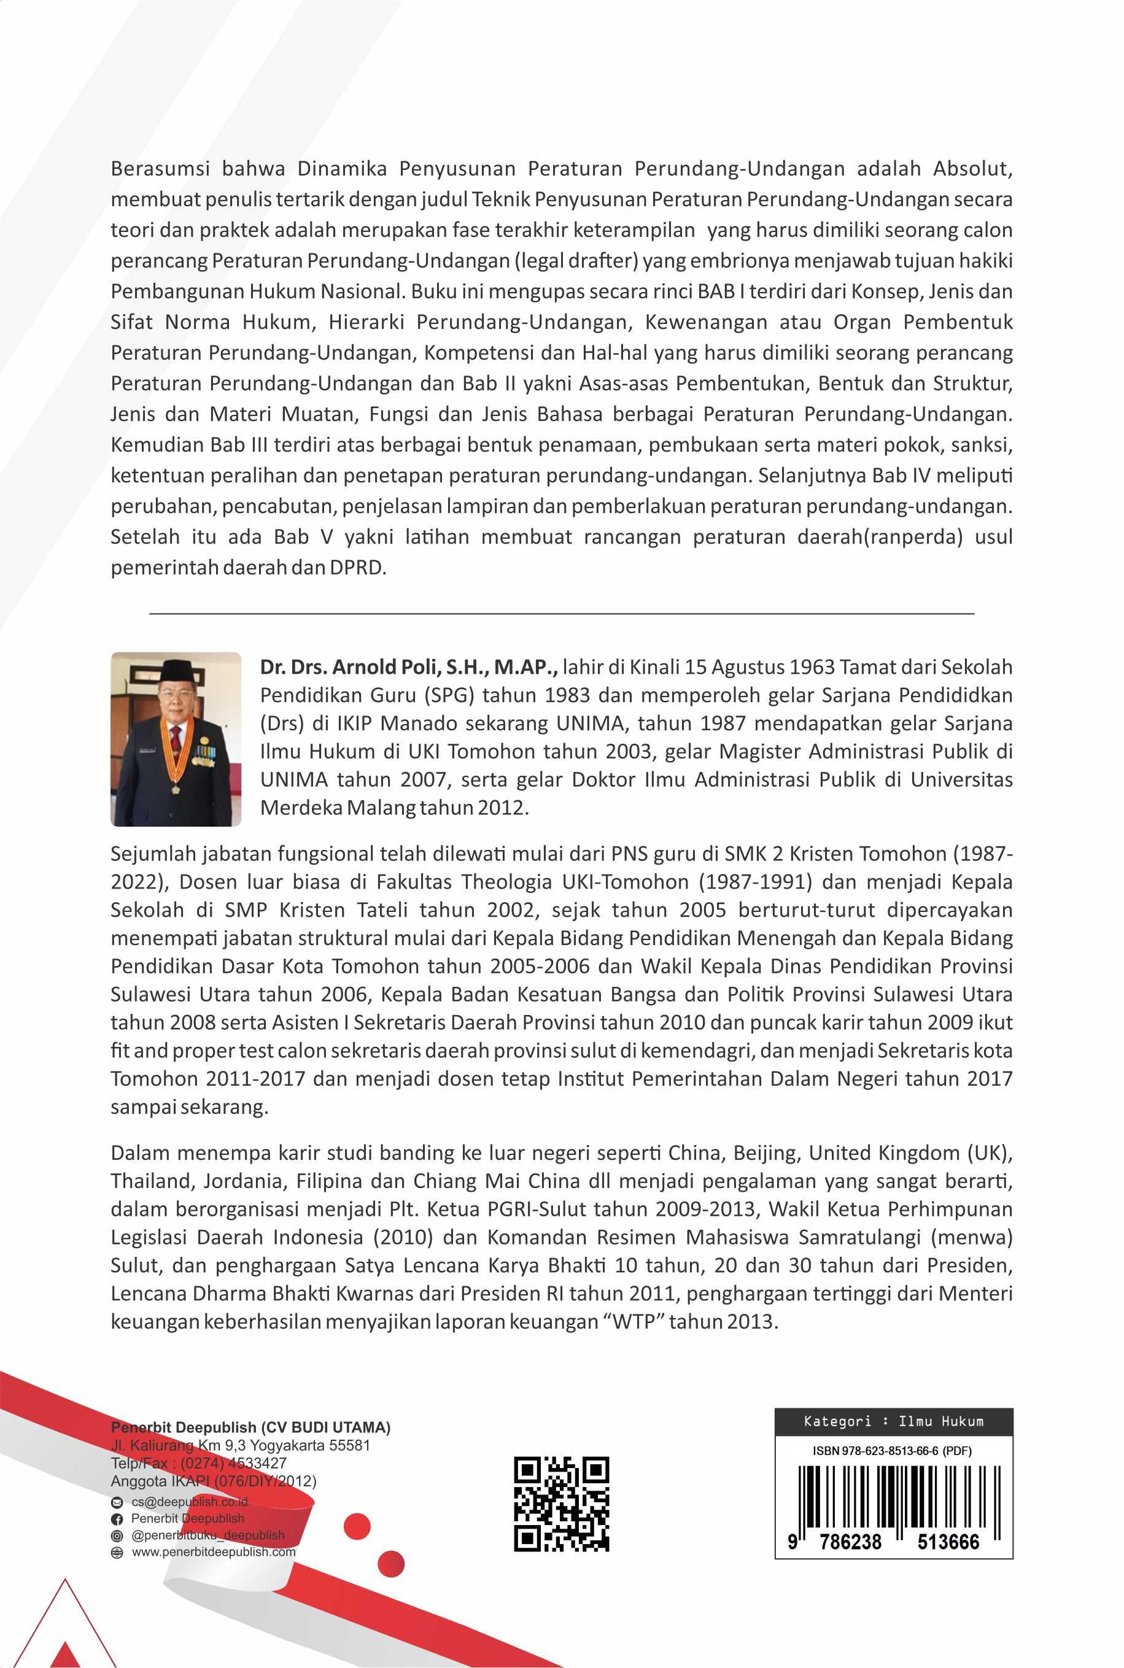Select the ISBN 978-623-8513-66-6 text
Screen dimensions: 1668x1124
[x=892, y=1451]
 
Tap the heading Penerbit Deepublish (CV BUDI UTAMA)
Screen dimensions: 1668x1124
[x=250, y=1427]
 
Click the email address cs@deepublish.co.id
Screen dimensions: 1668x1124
[x=189, y=1502]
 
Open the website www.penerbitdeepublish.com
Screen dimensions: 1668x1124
[x=213, y=1552]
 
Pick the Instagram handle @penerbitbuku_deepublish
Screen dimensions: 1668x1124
[x=208, y=1535]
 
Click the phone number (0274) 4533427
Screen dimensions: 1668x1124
[x=233, y=1463]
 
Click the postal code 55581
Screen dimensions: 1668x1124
[x=349, y=1445]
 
